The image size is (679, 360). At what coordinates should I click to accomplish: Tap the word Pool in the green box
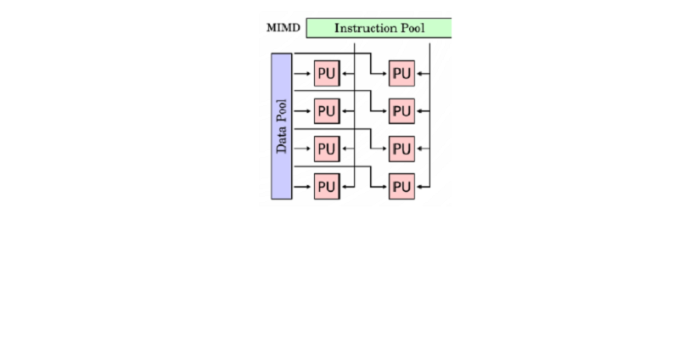(414, 28)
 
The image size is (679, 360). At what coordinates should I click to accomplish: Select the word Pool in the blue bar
(282, 110)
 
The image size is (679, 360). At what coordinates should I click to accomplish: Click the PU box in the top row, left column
(327, 74)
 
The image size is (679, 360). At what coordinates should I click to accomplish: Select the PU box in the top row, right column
(401, 74)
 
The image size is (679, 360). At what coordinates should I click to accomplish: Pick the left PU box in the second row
(327, 111)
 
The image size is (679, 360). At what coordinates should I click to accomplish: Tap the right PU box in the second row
(401, 111)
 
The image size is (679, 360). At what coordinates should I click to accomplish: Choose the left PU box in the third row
(327, 149)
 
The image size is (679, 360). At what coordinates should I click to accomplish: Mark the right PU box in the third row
(401, 149)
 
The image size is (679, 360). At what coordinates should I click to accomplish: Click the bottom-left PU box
(327, 186)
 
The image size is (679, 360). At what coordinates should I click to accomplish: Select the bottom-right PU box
(401, 186)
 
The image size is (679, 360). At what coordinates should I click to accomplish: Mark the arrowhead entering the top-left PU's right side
(344, 74)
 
